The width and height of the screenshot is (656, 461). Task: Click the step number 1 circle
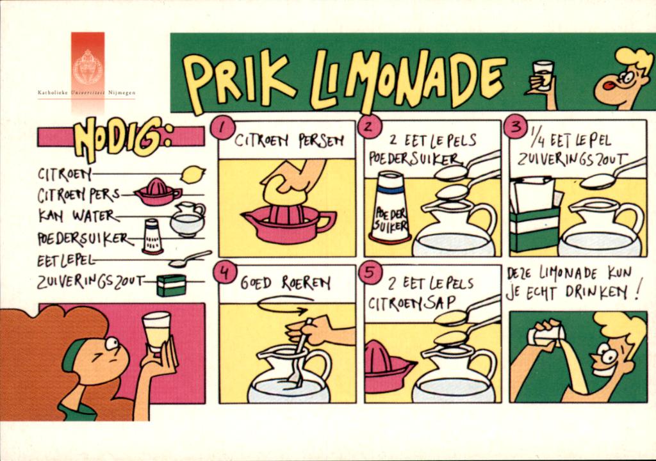pos(221,127)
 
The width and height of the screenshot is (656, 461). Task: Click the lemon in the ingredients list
pos(193,174)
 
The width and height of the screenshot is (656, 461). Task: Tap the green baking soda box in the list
pos(171,284)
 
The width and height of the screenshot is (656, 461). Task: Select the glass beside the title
pos(543,76)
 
